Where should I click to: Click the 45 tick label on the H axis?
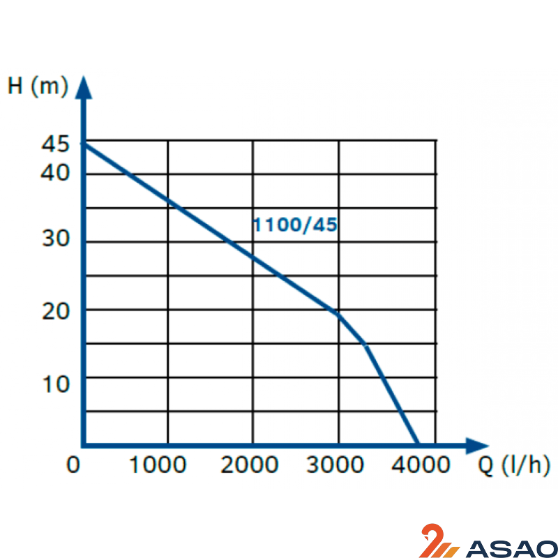[56, 145]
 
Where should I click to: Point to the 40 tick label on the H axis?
[56, 172]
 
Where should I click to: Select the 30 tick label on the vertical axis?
[56, 240]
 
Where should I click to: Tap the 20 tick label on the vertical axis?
[56, 311]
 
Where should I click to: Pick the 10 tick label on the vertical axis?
[56, 384]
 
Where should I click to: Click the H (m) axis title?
[38, 86]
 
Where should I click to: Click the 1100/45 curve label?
[295, 225]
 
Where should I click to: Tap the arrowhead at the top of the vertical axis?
[84, 87]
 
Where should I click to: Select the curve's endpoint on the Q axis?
[417, 444]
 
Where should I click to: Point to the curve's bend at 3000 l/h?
[339, 313]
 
